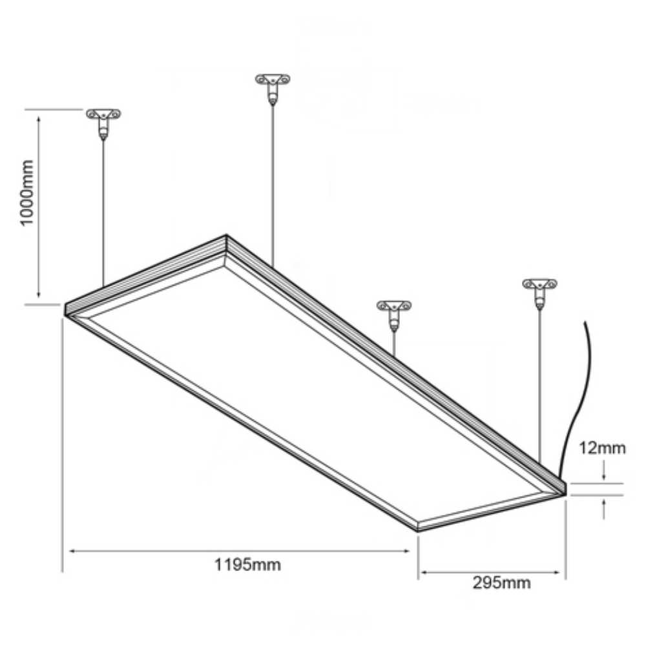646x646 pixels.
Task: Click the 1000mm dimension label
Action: pyautogui.click(x=27, y=194)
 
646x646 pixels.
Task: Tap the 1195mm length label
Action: pyautogui.click(x=247, y=565)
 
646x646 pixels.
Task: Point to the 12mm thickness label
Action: pyautogui.click(x=602, y=448)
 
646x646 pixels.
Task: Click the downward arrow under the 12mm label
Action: pyautogui.click(x=603, y=475)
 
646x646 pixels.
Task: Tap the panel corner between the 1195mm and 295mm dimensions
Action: pyautogui.click(x=417, y=528)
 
